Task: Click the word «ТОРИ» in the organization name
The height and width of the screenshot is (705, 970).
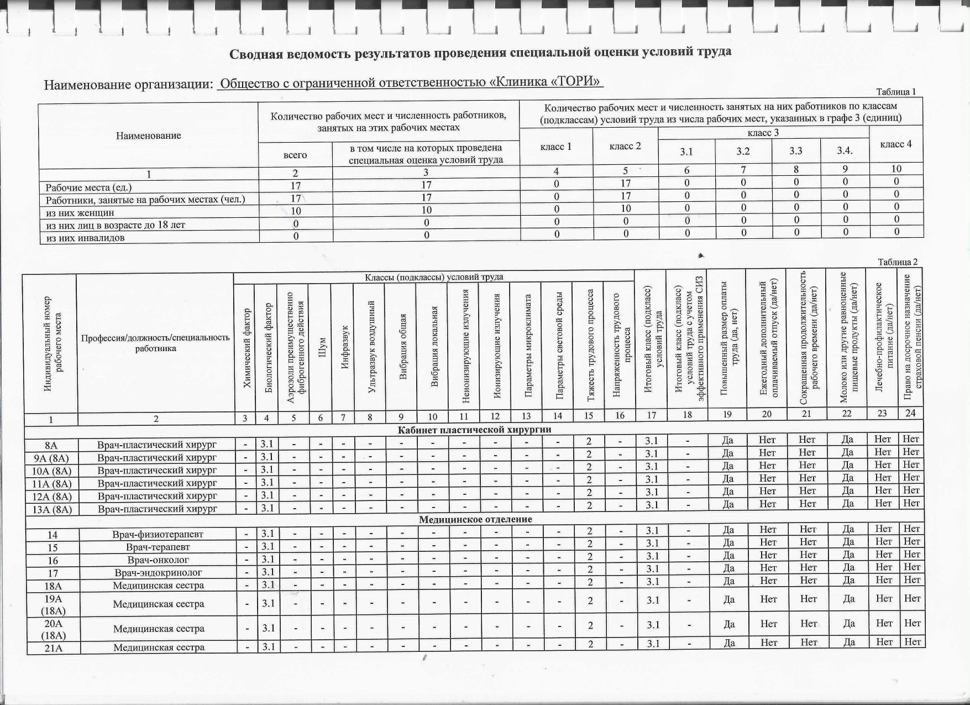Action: pos(579,83)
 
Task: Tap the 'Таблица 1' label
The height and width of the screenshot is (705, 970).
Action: pos(896,92)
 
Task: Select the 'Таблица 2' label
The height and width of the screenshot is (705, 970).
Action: pos(898,262)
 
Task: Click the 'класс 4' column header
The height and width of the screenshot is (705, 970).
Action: pos(895,144)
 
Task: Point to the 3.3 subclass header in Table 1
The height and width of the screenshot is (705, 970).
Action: pos(795,152)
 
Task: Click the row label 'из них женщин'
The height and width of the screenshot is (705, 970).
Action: pos(80,212)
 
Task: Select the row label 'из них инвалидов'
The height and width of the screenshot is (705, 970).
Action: pos(85,238)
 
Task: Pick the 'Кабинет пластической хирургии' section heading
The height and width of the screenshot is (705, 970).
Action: pos(474,430)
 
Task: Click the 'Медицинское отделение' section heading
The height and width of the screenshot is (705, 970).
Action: pos(475,520)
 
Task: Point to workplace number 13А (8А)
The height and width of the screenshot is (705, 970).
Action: pos(51,509)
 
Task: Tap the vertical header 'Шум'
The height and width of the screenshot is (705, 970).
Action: pos(320,348)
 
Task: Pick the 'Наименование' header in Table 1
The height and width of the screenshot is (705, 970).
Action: pos(148,135)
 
